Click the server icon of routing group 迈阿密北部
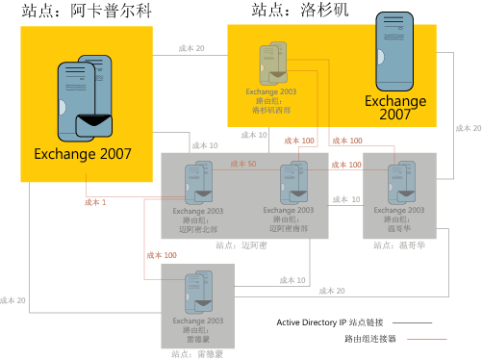point(199,183)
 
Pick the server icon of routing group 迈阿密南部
point(292,183)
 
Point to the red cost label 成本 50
point(244,165)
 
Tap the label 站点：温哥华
point(396,245)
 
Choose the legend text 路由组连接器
point(369,339)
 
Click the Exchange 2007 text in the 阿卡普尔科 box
point(83,152)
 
